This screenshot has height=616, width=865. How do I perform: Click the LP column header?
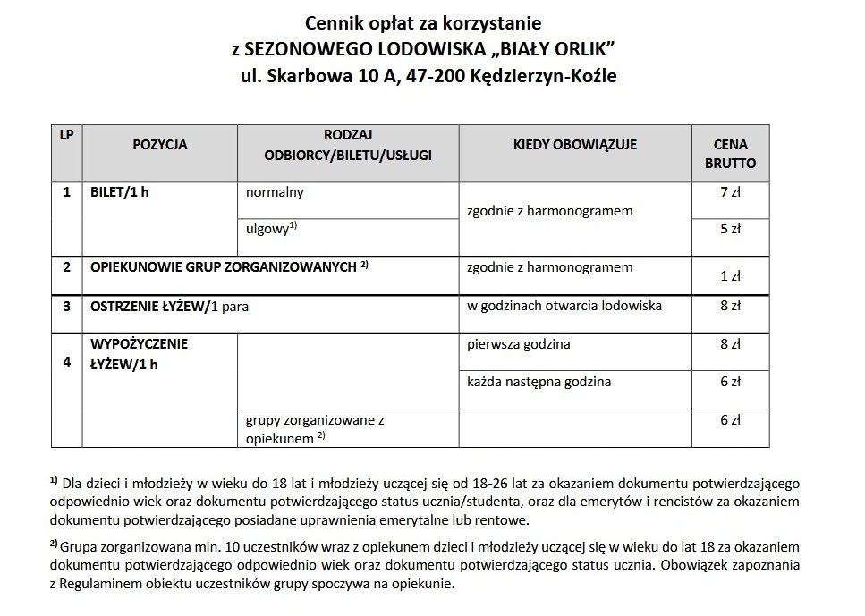[x=66, y=135]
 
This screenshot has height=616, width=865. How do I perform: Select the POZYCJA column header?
[x=160, y=145]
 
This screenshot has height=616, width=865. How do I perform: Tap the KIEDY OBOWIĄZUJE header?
[x=575, y=145]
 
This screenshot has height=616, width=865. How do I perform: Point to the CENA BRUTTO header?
[x=730, y=154]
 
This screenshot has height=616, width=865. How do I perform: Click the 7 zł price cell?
[x=730, y=191]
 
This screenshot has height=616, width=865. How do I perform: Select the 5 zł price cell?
[x=730, y=228]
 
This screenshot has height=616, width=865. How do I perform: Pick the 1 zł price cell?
[x=730, y=276]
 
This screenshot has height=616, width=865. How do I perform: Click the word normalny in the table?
[x=275, y=191]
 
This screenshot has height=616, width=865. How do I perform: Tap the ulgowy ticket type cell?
[x=271, y=229]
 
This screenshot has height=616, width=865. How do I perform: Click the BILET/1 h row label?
[x=119, y=191]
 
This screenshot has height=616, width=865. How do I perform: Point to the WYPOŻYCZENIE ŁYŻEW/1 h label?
[x=139, y=353]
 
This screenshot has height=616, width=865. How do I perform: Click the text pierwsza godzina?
[x=519, y=343]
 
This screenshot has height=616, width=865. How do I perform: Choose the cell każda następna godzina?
[x=539, y=382]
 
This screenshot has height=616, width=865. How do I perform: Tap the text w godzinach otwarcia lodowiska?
[x=564, y=306]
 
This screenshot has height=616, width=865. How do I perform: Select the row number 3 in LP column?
[x=66, y=306]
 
